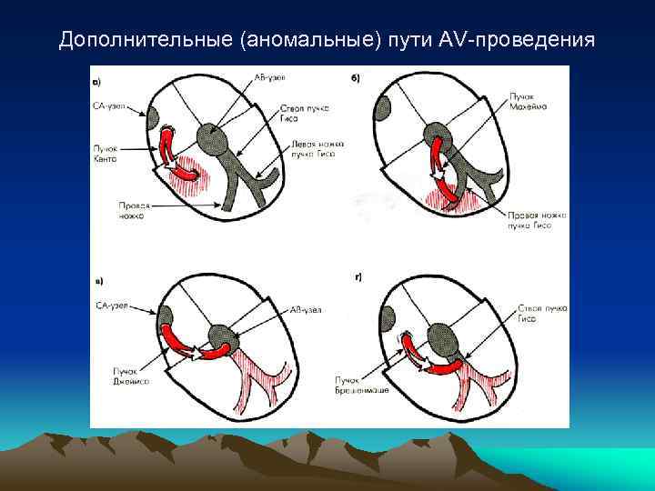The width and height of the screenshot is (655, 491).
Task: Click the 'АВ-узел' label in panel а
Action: coord(269,79)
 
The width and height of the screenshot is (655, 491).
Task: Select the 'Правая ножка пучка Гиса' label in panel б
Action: coord(537,218)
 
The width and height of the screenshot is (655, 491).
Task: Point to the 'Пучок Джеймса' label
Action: coord(131,376)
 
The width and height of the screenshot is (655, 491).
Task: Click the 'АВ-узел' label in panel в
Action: coord(306,310)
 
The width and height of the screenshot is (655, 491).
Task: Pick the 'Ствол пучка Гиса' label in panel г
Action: coord(542,314)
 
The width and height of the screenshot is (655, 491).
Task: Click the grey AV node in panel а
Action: coord(223,141)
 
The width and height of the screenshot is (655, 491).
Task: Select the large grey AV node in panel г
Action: coord(444,339)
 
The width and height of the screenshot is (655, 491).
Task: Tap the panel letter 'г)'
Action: coord(358,276)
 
